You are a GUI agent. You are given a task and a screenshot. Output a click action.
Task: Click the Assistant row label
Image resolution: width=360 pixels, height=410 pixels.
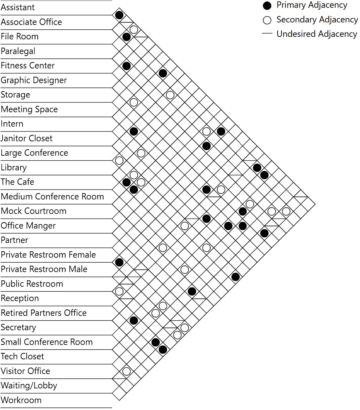(18, 7)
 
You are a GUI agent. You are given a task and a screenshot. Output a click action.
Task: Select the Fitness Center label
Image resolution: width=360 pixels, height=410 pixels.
(28, 66)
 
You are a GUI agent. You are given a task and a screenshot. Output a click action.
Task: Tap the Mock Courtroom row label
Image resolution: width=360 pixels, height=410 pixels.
(34, 211)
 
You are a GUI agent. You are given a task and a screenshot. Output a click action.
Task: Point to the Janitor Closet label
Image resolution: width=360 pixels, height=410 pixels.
(27, 138)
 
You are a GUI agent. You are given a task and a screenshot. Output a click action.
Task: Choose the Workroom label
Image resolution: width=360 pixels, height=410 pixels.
(21, 400)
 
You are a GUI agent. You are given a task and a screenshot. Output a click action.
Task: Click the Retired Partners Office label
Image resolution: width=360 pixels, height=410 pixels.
(44, 313)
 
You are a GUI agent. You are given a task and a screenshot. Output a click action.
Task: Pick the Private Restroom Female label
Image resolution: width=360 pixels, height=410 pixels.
(48, 255)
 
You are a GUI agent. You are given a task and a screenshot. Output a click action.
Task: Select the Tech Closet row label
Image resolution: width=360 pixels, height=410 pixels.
(22, 357)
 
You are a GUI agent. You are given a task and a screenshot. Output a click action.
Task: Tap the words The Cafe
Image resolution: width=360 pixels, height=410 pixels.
(17, 182)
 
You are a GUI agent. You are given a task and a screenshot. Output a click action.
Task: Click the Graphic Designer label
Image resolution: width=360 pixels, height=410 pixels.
(34, 80)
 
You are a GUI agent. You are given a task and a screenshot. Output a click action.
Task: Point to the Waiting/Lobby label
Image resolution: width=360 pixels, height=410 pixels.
(29, 386)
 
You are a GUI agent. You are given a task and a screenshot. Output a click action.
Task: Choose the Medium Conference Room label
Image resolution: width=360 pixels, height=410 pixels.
(52, 197)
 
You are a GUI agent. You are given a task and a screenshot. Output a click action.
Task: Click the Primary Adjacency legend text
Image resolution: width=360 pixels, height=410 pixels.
(312, 5)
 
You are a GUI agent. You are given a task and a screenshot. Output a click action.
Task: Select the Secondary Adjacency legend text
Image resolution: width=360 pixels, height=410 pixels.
(317, 20)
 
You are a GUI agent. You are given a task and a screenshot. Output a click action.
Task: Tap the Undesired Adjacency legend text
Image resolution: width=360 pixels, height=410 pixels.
(317, 34)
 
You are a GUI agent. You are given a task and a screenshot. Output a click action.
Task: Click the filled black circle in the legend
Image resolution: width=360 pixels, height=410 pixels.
(267, 6)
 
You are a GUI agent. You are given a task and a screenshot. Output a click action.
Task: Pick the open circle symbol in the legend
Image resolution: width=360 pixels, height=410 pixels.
(267, 20)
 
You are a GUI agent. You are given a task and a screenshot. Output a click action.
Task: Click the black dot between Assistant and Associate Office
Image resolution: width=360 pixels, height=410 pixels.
(119, 15)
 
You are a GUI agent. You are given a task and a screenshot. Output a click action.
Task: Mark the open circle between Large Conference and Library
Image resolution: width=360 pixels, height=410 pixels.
(119, 160)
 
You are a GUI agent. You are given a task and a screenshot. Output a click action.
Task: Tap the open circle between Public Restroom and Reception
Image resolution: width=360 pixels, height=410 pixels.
(119, 291)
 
